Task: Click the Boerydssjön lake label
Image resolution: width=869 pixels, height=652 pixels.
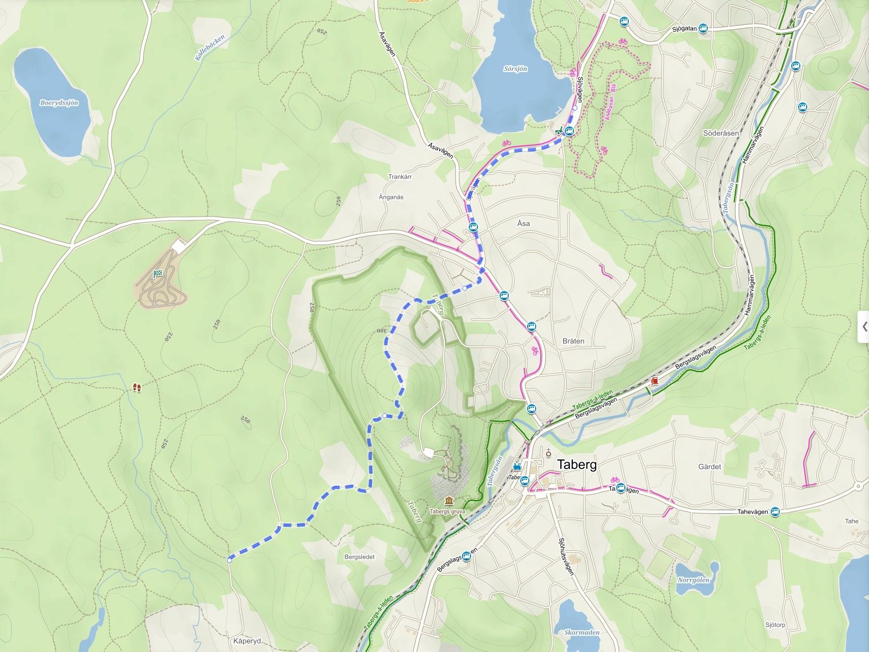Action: [59, 103]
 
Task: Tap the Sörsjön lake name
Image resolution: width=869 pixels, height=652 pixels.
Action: [515, 69]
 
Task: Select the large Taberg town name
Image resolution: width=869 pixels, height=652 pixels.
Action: [577, 465]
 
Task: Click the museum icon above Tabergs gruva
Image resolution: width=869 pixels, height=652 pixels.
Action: [449, 501]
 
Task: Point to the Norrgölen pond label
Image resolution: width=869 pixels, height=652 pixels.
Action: [693, 580]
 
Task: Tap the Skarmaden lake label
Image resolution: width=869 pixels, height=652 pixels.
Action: [581, 633]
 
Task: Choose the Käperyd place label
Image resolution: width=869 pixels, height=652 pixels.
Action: [247, 641]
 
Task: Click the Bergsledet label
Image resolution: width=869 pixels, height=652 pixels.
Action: [360, 557]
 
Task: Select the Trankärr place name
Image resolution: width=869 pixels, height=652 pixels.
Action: [400, 177]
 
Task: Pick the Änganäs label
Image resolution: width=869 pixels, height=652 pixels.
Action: [391, 197]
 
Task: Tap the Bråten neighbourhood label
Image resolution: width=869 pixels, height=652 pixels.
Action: [573, 341]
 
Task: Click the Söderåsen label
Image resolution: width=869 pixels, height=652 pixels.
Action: [721, 133]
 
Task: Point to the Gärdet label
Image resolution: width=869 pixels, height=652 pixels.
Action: [709, 467]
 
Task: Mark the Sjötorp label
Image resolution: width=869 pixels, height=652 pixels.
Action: [775, 625]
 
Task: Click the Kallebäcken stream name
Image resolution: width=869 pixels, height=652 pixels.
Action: [210, 48]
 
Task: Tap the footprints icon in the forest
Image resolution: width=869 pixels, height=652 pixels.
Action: [137, 388]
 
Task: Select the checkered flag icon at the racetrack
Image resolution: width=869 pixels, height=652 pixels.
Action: [157, 274]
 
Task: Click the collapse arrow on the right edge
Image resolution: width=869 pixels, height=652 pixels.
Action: [864, 327]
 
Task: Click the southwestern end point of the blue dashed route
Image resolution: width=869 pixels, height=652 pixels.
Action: [229, 561]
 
